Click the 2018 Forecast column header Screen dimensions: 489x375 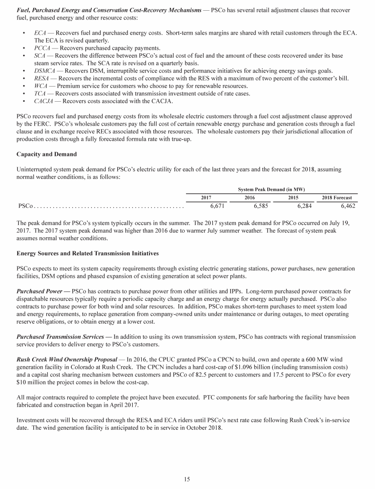(337, 198)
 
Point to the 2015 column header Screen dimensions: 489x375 (294, 198)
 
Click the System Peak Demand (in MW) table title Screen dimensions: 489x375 (271, 189)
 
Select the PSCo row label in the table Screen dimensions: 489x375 (25, 206)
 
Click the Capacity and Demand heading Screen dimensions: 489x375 (46, 154)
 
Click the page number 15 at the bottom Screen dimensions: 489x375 (187, 479)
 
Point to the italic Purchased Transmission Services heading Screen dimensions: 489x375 (62, 337)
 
